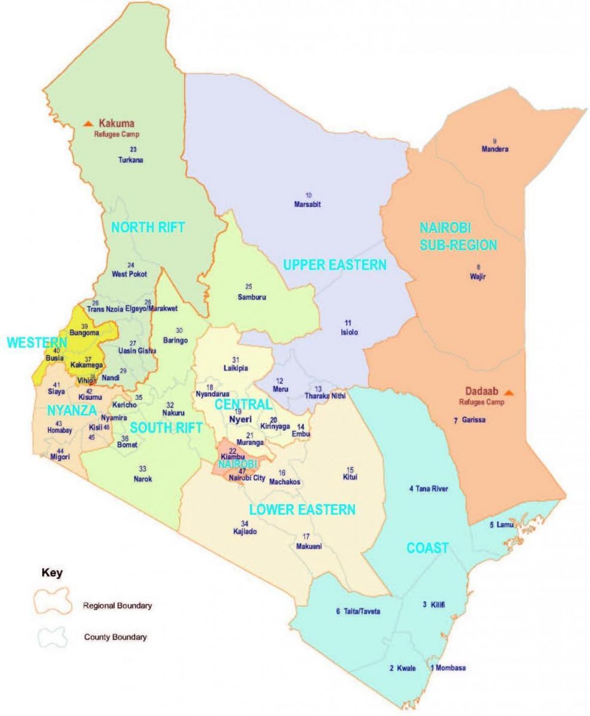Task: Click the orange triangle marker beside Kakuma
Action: pyautogui.click(x=88, y=123)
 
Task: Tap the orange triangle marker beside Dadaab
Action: pyautogui.click(x=509, y=392)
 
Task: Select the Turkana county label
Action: pyautogui.click(x=131, y=160)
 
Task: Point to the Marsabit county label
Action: pyautogui.click(x=307, y=204)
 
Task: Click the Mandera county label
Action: pyautogui.click(x=495, y=149)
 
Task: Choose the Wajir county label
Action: pyautogui.click(x=478, y=276)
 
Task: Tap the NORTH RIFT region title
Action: pyautogui.click(x=148, y=227)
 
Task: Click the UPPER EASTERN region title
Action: pyautogui.click(x=335, y=265)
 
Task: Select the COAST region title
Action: pyautogui.click(x=427, y=548)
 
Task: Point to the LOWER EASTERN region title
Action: pyautogui.click(x=302, y=509)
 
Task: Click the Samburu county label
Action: pyautogui.click(x=252, y=297)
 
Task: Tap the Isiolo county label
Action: pyautogui.click(x=349, y=332)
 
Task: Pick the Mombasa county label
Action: pyautogui.click(x=451, y=667)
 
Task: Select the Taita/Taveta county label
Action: pyautogui.click(x=361, y=611)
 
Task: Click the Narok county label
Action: pyautogui.click(x=143, y=478)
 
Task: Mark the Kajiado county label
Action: pyautogui.click(x=245, y=532)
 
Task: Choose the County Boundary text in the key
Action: pyautogui.click(x=115, y=637)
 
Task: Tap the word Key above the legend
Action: pyautogui.click(x=52, y=573)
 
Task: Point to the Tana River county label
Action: pyautogui.click(x=431, y=489)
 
